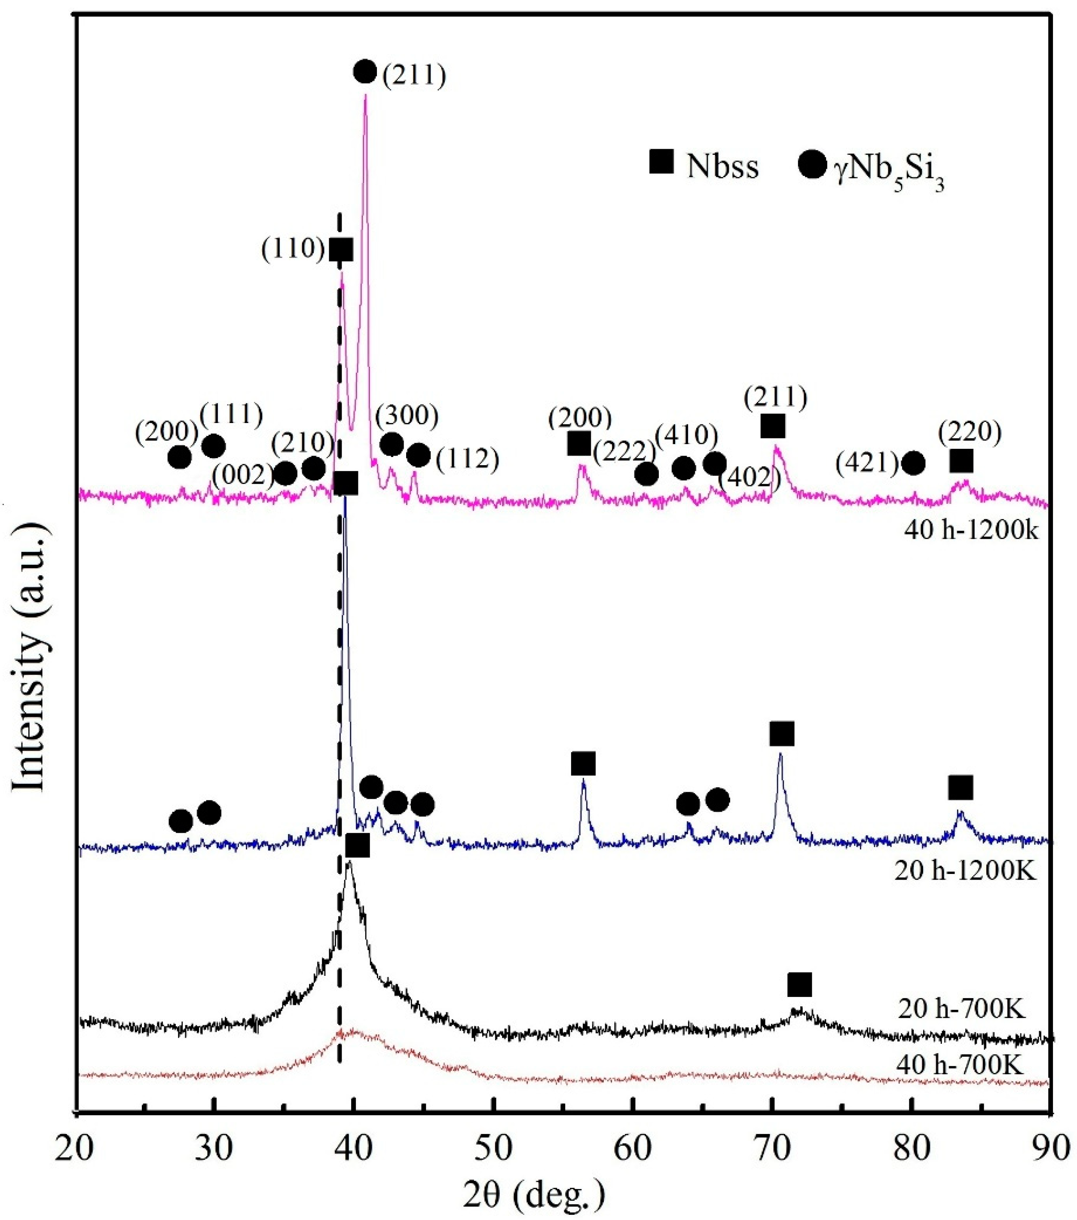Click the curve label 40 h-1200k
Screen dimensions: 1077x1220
pos(971,530)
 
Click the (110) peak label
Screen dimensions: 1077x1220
pos(292,249)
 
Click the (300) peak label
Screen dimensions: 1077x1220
pos(407,416)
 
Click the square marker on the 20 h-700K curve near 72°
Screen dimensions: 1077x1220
pos(799,984)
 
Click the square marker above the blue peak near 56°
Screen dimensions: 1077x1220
pos(583,763)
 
